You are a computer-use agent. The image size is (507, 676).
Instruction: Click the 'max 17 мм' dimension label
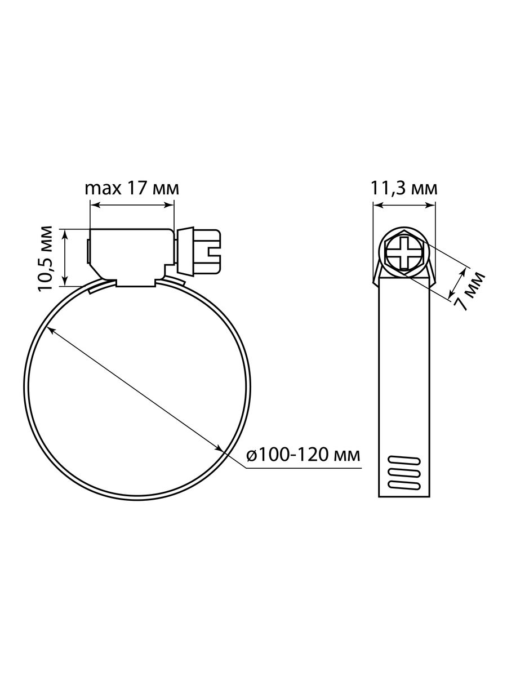[x=132, y=189]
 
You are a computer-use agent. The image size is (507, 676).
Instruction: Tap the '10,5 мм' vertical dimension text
[x=45, y=259]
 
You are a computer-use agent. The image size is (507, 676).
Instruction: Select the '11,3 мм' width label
[x=403, y=189]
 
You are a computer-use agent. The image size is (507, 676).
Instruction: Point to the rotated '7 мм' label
[x=468, y=291]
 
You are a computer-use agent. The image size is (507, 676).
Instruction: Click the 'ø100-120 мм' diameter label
[x=303, y=455]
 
